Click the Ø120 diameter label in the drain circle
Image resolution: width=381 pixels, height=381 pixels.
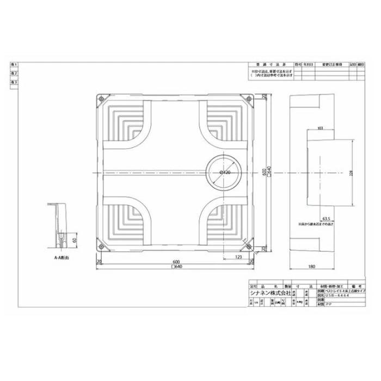tap(224, 172)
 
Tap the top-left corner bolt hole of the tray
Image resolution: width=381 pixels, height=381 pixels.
tap(100, 99)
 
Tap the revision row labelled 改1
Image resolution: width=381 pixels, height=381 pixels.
tap(14, 64)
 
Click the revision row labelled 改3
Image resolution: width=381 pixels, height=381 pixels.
tap(14, 82)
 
